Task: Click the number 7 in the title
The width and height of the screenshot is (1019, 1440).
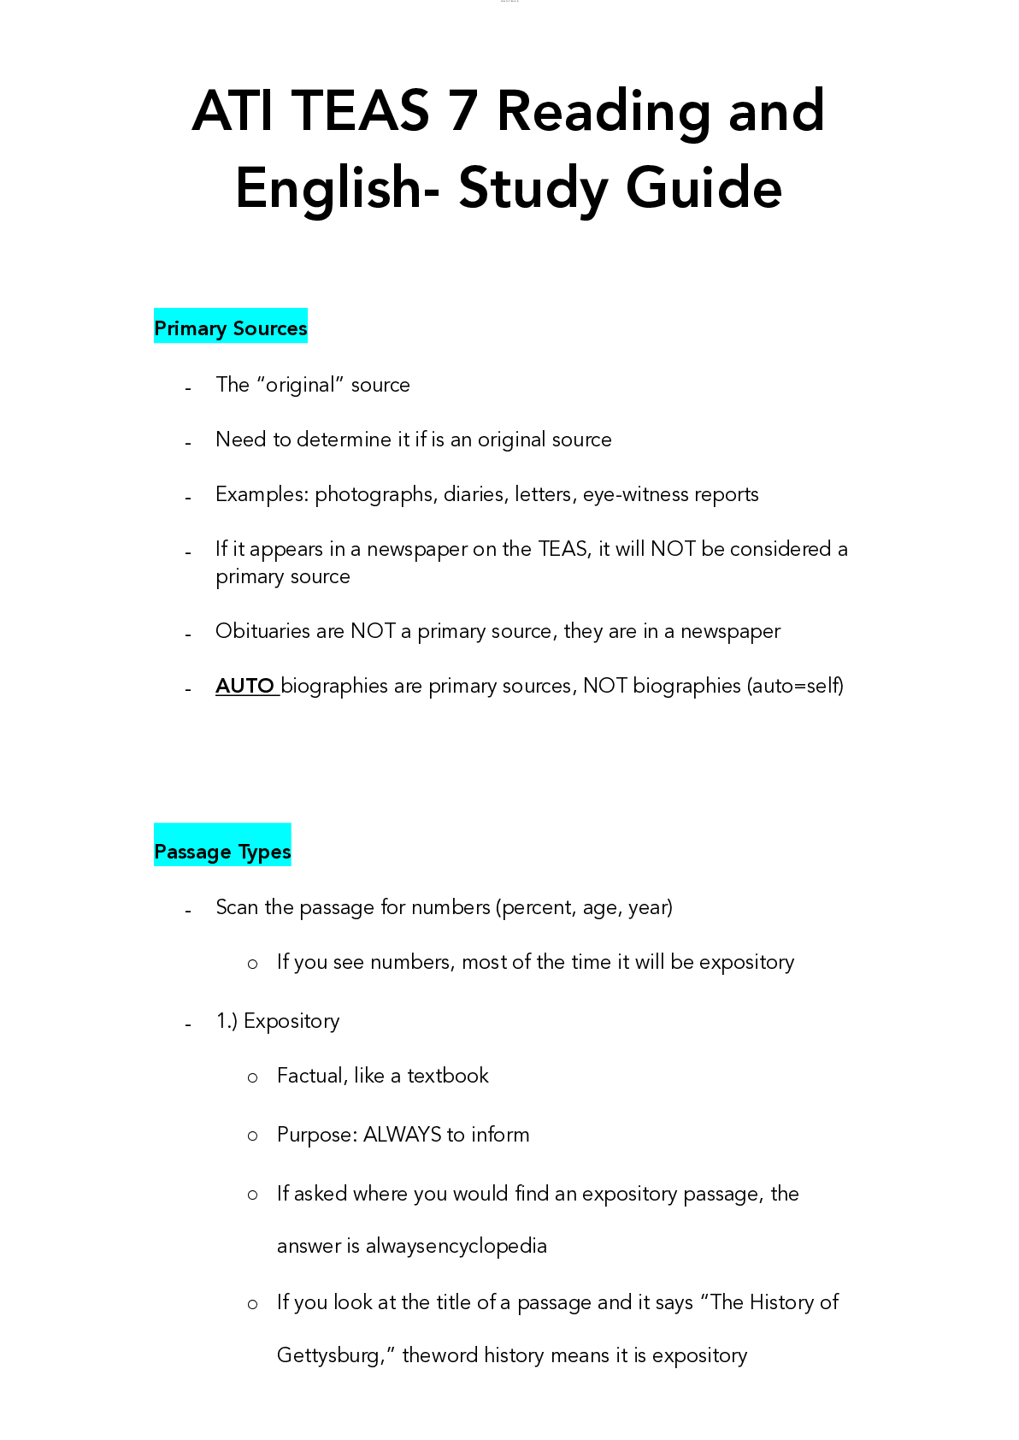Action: pyautogui.click(x=462, y=111)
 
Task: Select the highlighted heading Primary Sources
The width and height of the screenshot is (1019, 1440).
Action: pyautogui.click(x=231, y=328)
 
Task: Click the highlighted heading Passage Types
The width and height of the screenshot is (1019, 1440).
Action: pyautogui.click(x=222, y=852)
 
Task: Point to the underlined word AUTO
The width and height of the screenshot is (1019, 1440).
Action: pyautogui.click(x=245, y=686)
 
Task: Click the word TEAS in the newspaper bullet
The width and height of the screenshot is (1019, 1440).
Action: pyautogui.click(x=563, y=549)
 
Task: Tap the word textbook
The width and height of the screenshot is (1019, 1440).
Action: pyautogui.click(x=448, y=1076)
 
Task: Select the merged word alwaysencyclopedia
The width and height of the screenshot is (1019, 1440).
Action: pyautogui.click(x=456, y=1246)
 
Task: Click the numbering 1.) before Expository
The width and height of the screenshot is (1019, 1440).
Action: pyautogui.click(x=227, y=1021)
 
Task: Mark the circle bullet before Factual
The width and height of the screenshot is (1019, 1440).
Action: pyautogui.click(x=252, y=1077)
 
